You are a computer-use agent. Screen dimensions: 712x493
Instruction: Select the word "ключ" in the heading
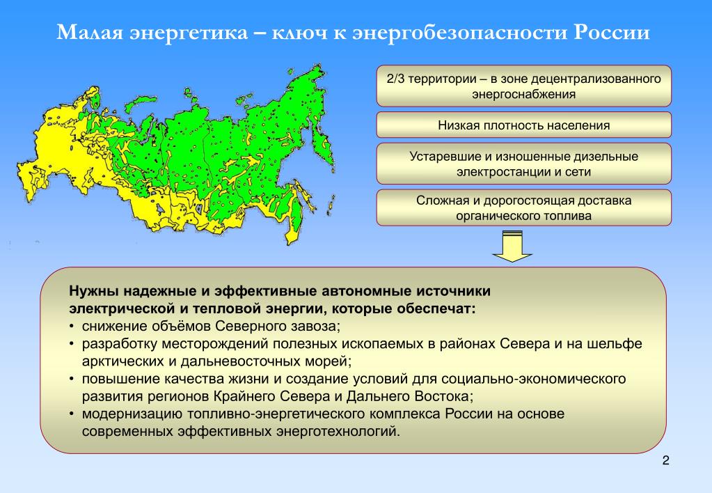tap(300, 33)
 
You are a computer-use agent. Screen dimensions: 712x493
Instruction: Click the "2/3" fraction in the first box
tap(395, 79)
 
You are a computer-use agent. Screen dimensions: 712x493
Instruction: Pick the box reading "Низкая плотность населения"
tap(523, 125)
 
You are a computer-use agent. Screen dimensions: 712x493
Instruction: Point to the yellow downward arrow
tap(512, 246)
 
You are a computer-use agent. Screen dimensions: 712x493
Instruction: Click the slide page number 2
tap(665, 460)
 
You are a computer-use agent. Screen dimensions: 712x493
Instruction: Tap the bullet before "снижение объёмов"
tap(72, 327)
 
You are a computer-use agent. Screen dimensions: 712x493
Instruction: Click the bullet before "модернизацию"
tap(72, 414)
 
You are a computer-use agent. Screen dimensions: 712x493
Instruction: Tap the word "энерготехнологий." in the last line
tap(338, 431)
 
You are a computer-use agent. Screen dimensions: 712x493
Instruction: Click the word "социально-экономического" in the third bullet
tap(534, 379)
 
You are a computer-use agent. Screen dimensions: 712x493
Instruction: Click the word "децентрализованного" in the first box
tap(596, 79)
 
